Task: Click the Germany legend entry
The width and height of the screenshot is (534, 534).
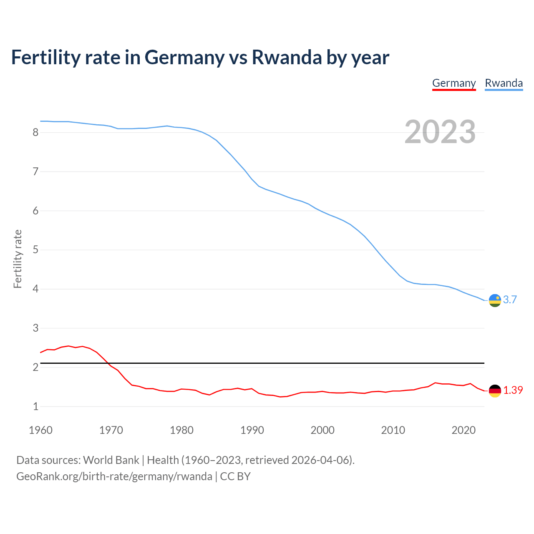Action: (454, 83)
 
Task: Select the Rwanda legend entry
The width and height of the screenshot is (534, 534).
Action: (504, 83)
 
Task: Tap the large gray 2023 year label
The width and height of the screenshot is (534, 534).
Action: (440, 132)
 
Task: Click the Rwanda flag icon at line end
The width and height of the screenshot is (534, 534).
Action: (495, 300)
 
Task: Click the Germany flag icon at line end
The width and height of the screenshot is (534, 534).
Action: (495, 391)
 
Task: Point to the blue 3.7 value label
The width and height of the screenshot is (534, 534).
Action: (510, 300)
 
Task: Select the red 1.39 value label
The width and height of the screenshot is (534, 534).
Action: (513, 390)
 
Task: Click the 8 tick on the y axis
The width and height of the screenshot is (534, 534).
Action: (35, 133)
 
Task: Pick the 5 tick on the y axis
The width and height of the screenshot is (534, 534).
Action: (35, 250)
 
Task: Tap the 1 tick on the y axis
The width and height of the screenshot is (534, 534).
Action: (35, 406)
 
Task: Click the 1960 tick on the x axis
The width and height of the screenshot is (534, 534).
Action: (40, 430)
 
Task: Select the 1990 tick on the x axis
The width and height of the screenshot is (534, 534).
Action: (252, 430)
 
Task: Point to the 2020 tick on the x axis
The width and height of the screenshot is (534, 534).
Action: (463, 430)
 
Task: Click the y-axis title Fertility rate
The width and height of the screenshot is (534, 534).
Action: (18, 259)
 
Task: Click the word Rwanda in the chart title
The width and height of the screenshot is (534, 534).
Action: (287, 58)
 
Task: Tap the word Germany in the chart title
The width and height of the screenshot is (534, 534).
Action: (184, 58)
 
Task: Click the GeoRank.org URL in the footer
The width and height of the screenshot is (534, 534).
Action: (114, 476)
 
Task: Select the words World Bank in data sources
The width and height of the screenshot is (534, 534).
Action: (111, 460)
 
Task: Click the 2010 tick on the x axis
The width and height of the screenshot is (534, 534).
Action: (393, 430)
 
